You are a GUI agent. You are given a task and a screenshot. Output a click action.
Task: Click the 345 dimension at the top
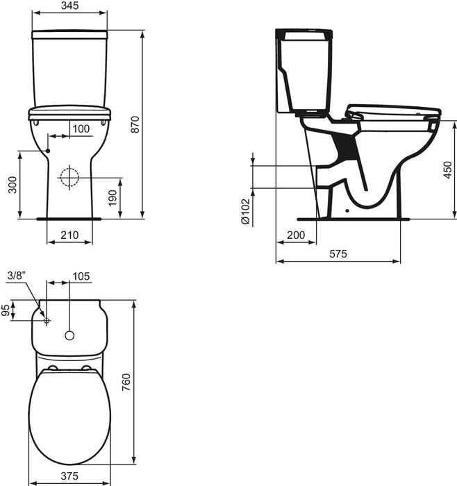pos(69,6)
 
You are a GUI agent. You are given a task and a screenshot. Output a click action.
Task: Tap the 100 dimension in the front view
pos(81,128)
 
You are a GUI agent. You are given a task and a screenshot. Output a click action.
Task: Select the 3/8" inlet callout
pos(15,276)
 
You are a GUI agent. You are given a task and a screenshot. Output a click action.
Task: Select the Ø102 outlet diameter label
pos(245,210)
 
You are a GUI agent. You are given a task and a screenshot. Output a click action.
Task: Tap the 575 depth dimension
pos(338,255)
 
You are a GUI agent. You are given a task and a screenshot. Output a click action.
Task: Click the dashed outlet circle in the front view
pos(69,178)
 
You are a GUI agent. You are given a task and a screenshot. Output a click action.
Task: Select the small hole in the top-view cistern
pos(69,336)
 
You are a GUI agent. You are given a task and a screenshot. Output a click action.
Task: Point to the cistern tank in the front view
pos(69,69)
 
